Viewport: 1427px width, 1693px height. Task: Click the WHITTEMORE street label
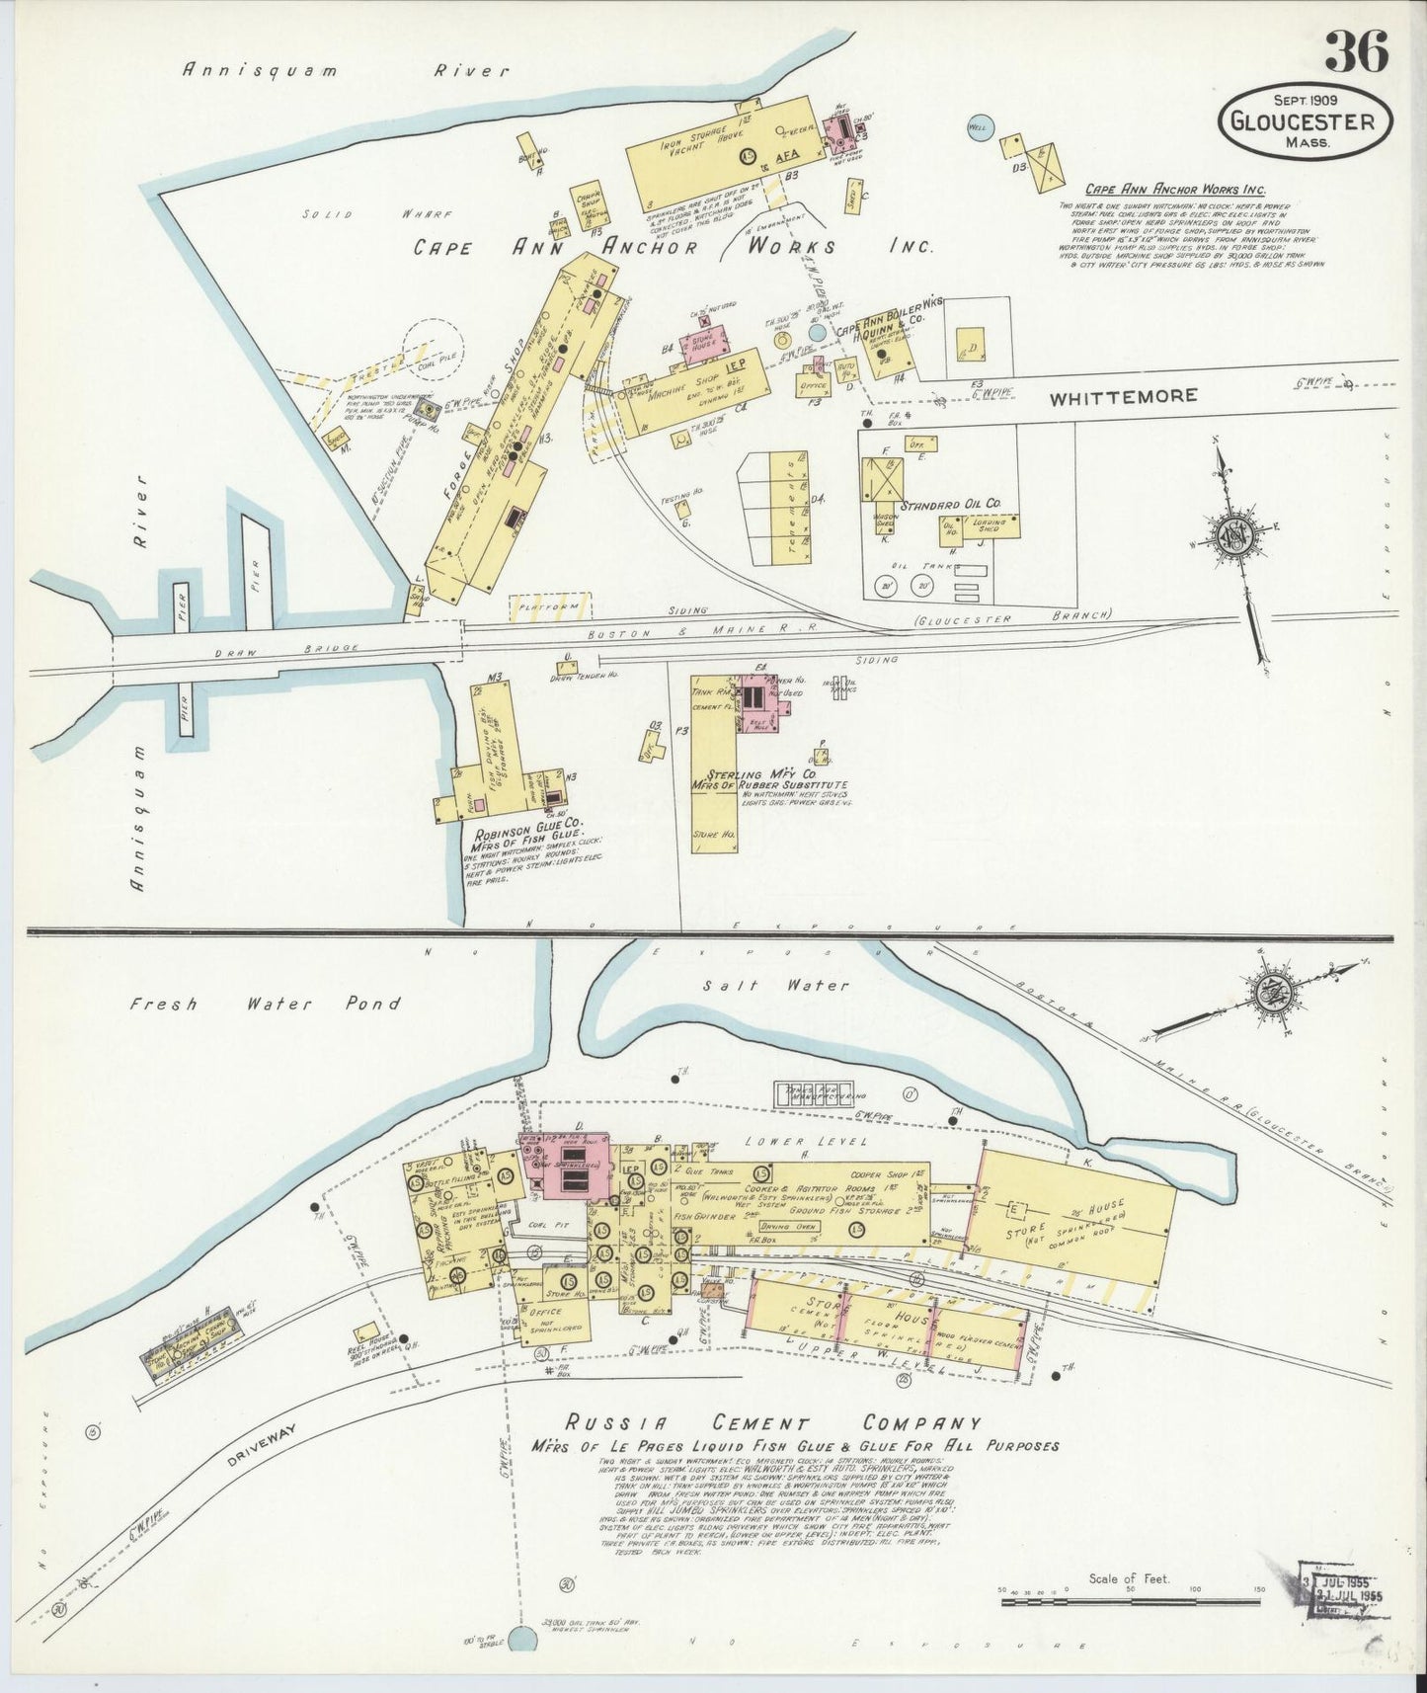pyautogui.click(x=1123, y=397)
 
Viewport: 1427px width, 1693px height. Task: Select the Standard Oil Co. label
pyautogui.click(x=953, y=504)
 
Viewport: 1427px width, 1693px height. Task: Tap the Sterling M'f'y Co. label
pyautogui.click(x=760, y=774)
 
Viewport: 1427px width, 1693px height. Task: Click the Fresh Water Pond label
pyautogui.click(x=265, y=1004)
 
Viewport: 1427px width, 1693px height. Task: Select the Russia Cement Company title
pyautogui.click(x=773, y=1423)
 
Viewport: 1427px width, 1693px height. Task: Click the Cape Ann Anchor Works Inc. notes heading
pyautogui.click(x=1174, y=190)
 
